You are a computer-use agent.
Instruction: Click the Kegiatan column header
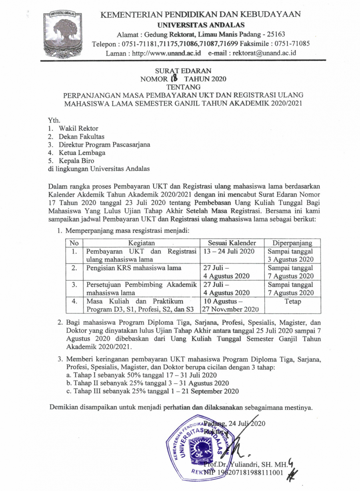pyautogui.click(x=141, y=243)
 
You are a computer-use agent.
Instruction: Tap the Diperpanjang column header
pyautogui.click(x=292, y=243)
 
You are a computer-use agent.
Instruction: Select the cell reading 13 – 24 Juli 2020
pyautogui.click(x=229, y=251)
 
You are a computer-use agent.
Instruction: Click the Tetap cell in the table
pyautogui.click(x=292, y=301)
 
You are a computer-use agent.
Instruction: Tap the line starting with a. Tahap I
pyautogui.click(x=142, y=375)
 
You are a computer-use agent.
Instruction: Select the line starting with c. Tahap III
pyautogui.click(x=153, y=391)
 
